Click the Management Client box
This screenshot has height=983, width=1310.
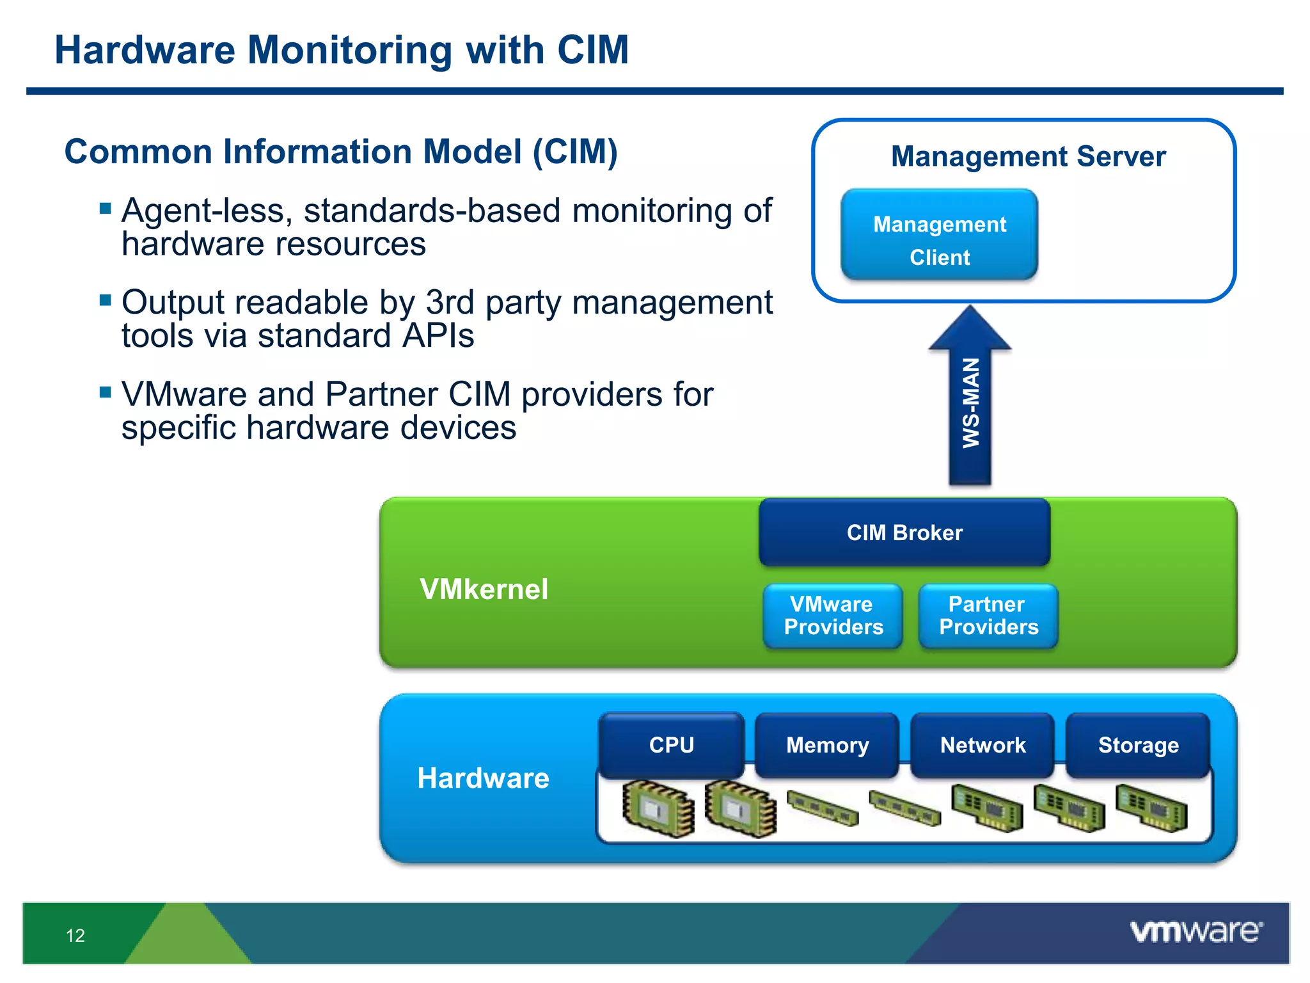(939, 234)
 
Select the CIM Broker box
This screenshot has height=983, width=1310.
(904, 532)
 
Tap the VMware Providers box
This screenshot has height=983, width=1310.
(833, 616)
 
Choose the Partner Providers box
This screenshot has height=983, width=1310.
(988, 616)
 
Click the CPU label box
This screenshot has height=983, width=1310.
(671, 745)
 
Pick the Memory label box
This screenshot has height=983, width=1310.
(827, 745)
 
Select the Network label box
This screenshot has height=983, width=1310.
(982, 745)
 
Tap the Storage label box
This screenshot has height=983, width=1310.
(1138, 745)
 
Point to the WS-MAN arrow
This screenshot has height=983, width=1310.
(970, 403)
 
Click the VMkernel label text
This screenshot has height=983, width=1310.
(484, 589)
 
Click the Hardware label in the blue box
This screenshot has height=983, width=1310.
(483, 778)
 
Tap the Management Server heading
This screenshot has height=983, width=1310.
(1028, 156)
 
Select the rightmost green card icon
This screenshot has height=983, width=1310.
(1151, 808)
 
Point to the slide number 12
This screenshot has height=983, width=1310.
(75, 936)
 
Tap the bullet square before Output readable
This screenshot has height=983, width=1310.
(106, 300)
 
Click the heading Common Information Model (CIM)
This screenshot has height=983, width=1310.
(341, 152)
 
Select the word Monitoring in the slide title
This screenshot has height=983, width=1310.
(350, 50)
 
